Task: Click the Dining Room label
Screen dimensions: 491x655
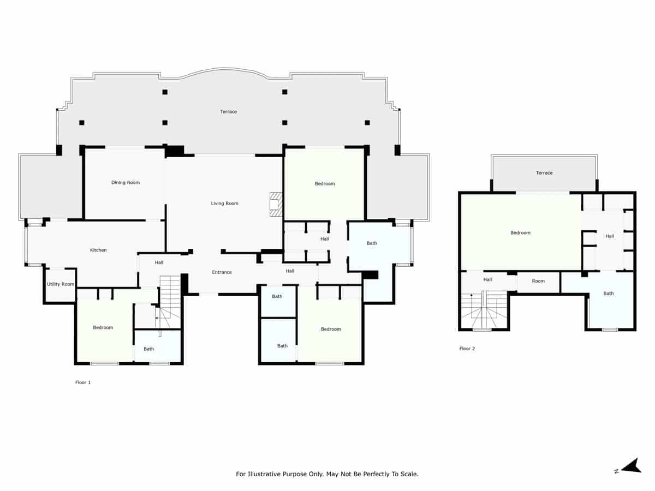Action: pos(126,183)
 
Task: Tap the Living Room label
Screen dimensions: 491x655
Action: pos(225,203)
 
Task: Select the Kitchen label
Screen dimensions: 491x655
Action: pos(98,250)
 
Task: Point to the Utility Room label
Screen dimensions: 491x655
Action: pos(60,284)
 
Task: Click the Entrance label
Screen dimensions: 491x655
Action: pos(222,272)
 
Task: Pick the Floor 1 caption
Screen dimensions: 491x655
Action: pos(83,383)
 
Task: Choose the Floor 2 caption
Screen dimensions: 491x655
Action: pos(467,349)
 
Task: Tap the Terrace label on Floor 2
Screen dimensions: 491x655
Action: pos(544,173)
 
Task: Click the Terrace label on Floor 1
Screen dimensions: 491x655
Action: pos(229,112)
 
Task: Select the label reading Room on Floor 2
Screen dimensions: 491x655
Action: pos(538,282)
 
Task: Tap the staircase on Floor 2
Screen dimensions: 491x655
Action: pos(485,311)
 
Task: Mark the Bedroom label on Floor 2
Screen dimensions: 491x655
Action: pos(520,233)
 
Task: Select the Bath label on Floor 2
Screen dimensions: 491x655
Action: pos(609,294)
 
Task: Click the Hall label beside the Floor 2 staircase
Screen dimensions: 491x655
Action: pos(487,280)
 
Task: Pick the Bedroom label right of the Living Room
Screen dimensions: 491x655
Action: pos(325,184)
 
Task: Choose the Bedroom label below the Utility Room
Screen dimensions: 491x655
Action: pos(103,328)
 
